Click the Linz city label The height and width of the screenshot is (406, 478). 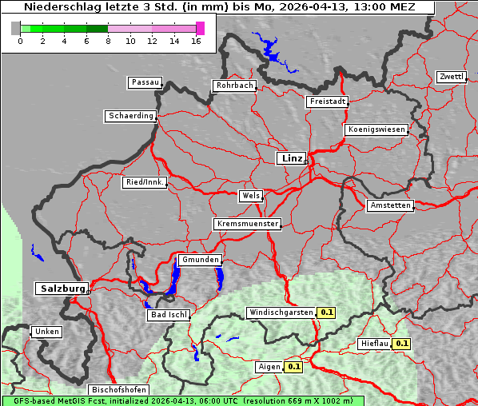point(291,158)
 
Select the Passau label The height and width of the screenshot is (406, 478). point(145,82)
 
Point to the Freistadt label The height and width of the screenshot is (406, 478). point(327,101)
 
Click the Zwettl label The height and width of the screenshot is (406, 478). point(451,77)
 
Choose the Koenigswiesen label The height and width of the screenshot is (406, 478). point(376,129)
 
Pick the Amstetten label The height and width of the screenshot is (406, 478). point(390,205)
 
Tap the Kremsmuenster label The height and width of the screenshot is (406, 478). point(248,224)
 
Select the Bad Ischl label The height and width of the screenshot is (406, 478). point(169,315)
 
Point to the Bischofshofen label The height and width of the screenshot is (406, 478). point(118,390)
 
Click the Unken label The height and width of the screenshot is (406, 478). point(46,332)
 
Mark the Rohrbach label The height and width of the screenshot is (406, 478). point(233,86)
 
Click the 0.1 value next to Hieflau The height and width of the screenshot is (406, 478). point(402,344)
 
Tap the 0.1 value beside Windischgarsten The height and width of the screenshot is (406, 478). point(326,312)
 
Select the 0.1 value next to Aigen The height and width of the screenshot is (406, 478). point(293,367)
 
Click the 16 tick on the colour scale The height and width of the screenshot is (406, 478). point(197,41)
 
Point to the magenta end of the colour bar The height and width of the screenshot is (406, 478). point(200,28)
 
